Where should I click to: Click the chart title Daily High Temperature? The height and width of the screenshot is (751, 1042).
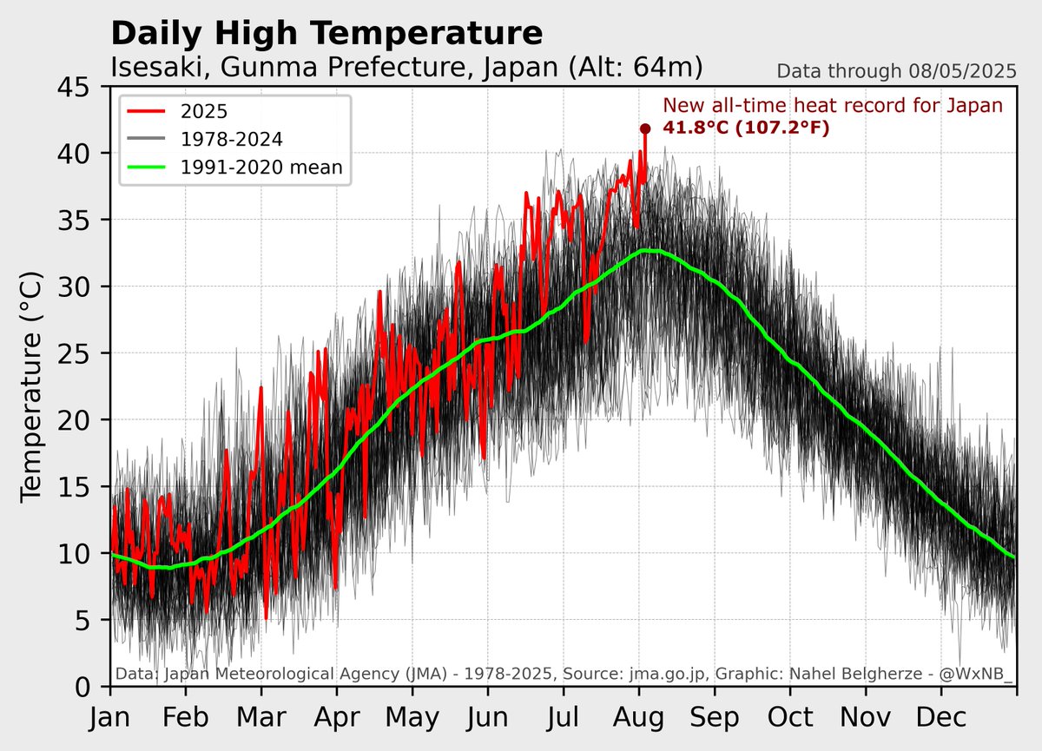326,34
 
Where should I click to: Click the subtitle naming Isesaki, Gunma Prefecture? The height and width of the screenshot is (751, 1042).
406,68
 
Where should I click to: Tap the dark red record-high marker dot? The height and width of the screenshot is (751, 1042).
645,128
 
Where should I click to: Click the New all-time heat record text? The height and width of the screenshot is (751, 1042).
833,106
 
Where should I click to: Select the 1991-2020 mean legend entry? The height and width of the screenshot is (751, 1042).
260,167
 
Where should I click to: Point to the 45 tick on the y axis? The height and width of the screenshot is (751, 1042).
79,87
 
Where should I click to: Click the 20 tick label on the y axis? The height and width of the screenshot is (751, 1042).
79,420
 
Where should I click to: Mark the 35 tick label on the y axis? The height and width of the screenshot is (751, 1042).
79,221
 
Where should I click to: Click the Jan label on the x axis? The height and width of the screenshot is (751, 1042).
110,718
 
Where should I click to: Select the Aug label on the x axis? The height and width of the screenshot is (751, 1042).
639,718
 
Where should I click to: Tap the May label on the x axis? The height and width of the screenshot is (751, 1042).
412,718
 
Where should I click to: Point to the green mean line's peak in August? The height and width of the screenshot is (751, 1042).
648,250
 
